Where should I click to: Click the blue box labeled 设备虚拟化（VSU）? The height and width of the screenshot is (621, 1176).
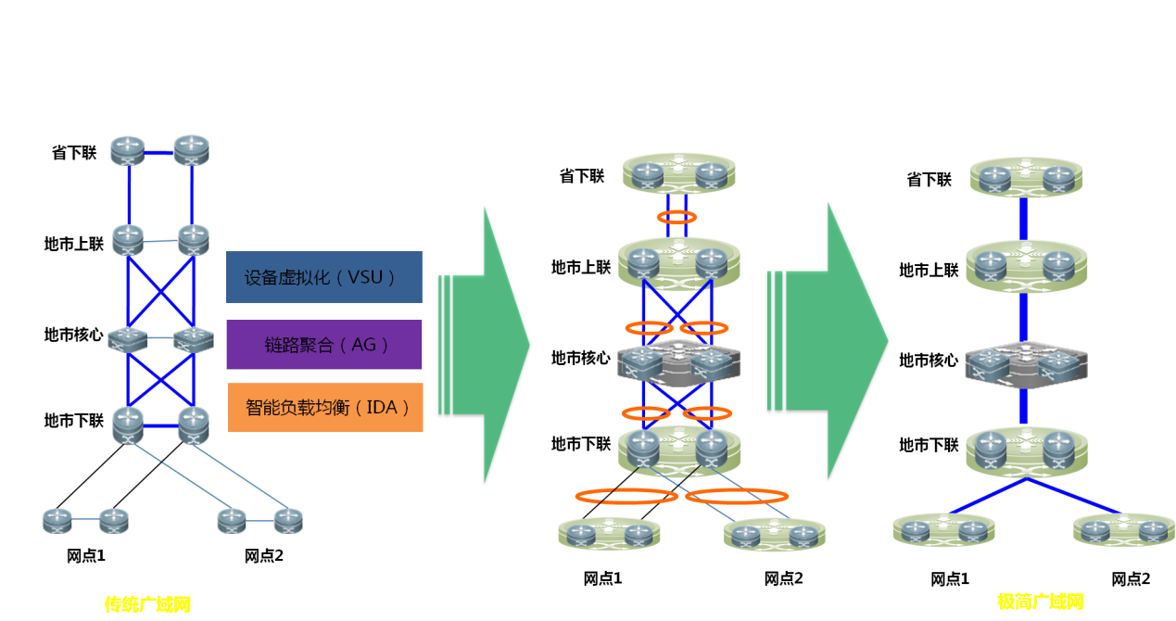324,276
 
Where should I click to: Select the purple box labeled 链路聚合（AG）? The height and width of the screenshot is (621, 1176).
324,345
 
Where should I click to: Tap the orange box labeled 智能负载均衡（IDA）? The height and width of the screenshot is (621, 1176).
325,407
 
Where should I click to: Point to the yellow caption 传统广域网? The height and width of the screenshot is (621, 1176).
147,604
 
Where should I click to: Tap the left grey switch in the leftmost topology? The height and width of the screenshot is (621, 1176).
128,338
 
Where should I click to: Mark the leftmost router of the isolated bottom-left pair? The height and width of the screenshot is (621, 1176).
57,521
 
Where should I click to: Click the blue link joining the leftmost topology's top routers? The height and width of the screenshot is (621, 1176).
159,153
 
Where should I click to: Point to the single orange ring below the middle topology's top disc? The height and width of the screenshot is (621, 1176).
677,217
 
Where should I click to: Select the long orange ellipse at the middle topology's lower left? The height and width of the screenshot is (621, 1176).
626,496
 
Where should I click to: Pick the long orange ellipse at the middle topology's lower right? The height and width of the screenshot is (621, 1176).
737,496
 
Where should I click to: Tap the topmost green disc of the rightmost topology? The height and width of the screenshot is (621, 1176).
1026,175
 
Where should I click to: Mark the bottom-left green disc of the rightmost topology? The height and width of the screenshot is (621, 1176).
944,530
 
